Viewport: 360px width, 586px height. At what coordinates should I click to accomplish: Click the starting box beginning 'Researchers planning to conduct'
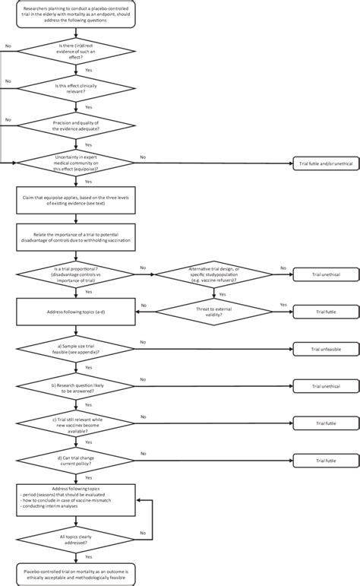coord(76,14)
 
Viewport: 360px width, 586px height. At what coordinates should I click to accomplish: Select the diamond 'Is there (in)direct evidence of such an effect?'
coord(76,51)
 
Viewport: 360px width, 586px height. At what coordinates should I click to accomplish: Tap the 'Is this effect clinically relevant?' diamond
coord(76,87)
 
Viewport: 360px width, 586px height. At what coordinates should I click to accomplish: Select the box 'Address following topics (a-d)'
coord(76,311)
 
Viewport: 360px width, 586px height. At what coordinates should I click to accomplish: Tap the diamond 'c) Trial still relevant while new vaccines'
coord(76,422)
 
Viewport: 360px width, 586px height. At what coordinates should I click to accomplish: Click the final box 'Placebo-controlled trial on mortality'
coord(76,572)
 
